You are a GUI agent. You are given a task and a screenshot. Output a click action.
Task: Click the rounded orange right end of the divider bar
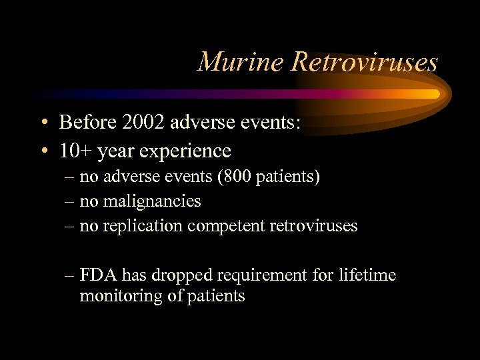(434, 94)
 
